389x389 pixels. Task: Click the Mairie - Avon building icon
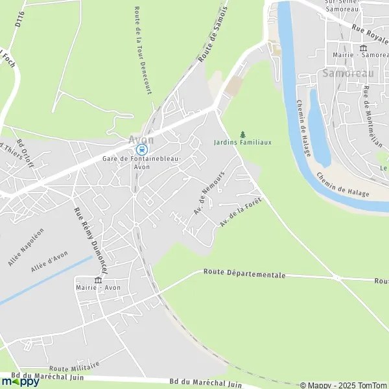[98, 281]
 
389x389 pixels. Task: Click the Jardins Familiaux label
[242, 142]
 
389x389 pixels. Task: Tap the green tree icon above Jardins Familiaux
[243, 134]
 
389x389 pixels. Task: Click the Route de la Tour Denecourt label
[143, 51]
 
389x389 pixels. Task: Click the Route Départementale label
[244, 274]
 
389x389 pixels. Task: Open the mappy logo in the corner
[20, 381]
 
